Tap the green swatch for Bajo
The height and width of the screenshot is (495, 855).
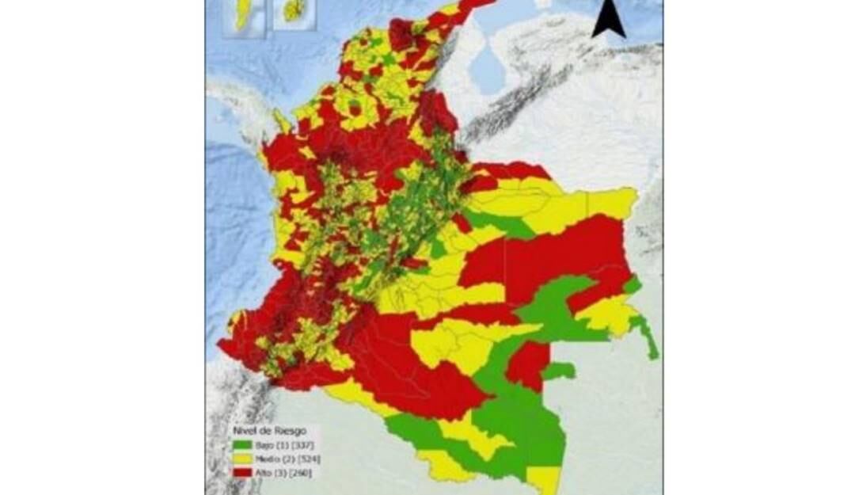237,446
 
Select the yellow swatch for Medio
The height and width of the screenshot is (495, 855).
237,459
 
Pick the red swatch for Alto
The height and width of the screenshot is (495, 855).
237,473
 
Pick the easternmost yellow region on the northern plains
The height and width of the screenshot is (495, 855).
611,203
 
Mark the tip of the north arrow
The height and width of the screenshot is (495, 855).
608,4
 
